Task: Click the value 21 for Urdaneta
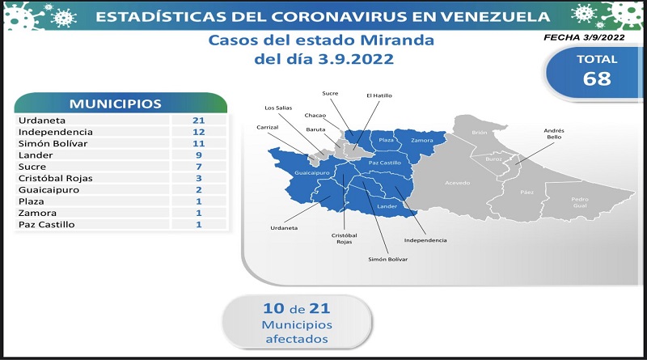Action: [x=198, y=121]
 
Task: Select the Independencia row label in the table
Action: [x=55, y=132]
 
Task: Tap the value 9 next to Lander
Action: [x=199, y=155]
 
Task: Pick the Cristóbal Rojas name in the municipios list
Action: [x=55, y=178]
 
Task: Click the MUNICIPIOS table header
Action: [x=115, y=104]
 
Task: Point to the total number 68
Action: [x=597, y=78]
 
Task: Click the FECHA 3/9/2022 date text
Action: [x=584, y=37]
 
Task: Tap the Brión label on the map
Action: [x=480, y=133]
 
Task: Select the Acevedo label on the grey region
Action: [x=457, y=183]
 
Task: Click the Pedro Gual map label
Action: [x=580, y=202]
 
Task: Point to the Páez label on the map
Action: [x=527, y=192]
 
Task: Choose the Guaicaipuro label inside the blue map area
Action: [x=312, y=173]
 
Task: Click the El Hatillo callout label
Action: [x=379, y=95]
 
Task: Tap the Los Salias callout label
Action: [x=278, y=108]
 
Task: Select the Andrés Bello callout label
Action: [x=554, y=133]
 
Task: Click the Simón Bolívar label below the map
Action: [x=388, y=259]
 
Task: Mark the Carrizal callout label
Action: [x=268, y=127]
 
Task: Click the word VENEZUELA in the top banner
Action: [x=495, y=16]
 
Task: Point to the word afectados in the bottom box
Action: [x=297, y=339]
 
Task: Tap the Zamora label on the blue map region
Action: [x=421, y=141]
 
